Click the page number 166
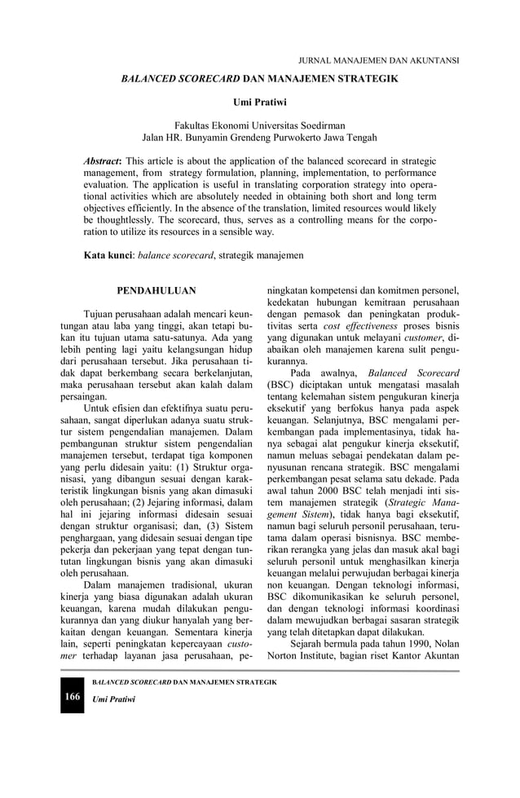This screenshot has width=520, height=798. coord(73,697)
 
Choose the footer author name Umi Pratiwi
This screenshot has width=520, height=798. coord(113,699)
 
